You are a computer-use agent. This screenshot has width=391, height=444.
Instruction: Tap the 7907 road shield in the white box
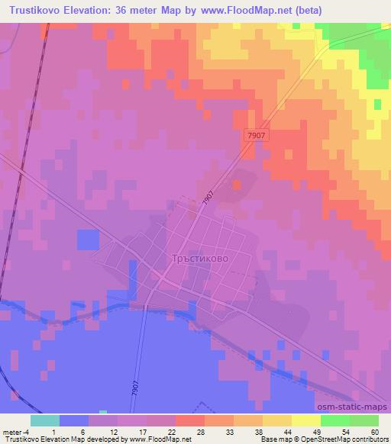256,135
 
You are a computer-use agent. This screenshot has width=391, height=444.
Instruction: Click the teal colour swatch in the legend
45,420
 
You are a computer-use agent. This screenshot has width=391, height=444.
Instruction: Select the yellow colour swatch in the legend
306,420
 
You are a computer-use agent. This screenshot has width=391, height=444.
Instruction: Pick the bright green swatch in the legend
335,420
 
